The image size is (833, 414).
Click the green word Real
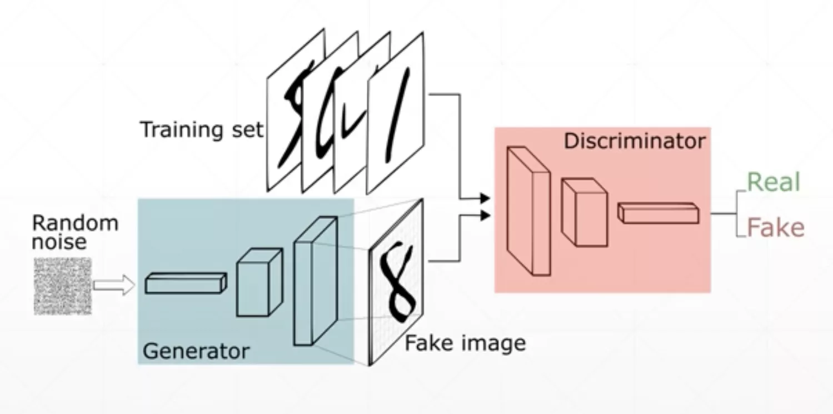pos(774,182)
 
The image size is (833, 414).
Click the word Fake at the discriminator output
pos(776,228)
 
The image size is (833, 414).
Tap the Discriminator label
pos(635,141)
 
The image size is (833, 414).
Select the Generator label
pos(196,351)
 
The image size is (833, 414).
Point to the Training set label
pos(201,129)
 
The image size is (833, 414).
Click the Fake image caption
pos(465,343)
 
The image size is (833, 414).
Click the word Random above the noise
pos(75,223)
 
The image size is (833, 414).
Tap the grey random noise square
pos(62,286)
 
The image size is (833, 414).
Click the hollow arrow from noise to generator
pos(113,286)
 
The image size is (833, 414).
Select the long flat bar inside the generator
pos(186,283)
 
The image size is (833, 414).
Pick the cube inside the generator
pos(259,283)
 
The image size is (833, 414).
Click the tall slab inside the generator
pos(315,281)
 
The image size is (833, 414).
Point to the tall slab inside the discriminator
pos(528,212)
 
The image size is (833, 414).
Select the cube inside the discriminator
pos(583,212)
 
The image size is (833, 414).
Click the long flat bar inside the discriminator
pos(658,213)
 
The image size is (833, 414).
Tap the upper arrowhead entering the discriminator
pos(484,198)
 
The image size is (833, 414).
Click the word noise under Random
pos(59,242)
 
